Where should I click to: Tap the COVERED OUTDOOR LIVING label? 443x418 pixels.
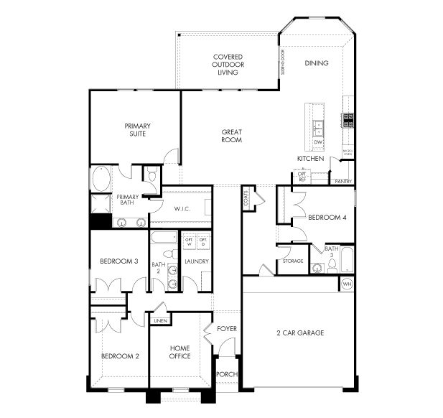227,64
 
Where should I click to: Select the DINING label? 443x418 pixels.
316,63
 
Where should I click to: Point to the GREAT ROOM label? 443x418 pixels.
231,136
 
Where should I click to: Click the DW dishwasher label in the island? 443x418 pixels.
318,142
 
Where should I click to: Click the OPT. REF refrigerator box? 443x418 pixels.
302,177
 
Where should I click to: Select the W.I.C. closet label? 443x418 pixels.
182,208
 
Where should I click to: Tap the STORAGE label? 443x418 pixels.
292,261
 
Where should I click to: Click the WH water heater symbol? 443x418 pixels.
347,284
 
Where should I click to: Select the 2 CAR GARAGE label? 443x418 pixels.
300,333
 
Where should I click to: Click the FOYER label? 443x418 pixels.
228,329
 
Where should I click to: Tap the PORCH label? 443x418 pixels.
228,374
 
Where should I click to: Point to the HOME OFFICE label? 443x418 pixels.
179,352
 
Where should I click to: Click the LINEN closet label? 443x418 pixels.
160,320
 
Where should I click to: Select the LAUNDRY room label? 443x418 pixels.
196,261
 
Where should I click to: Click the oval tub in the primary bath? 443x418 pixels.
101,177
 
